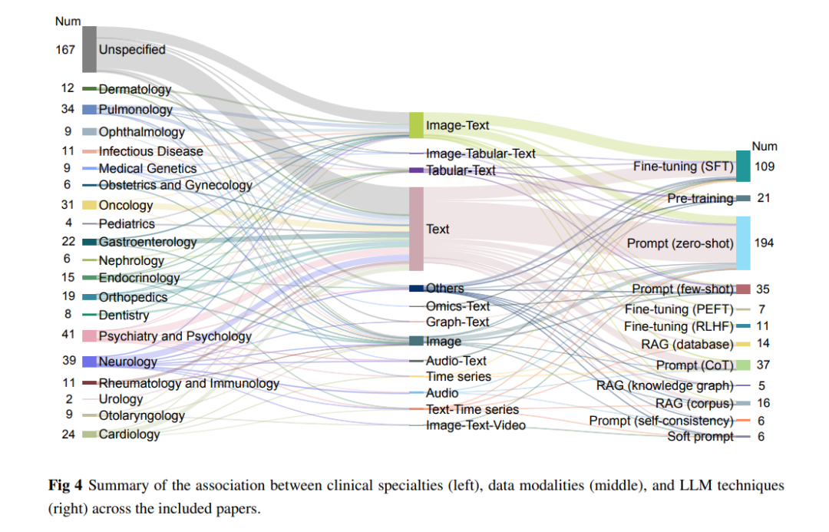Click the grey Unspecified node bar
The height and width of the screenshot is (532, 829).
(89, 49)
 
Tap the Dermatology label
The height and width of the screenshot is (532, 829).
(135, 89)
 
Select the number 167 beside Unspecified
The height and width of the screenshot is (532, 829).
(65, 50)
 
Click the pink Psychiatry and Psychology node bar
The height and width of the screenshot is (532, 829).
(89, 335)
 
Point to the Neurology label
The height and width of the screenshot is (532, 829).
(128, 362)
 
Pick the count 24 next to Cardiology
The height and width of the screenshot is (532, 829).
(68, 435)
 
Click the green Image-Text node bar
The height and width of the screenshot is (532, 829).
(416, 125)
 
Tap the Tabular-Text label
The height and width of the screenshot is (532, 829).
(461, 171)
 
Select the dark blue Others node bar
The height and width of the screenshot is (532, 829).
(416, 288)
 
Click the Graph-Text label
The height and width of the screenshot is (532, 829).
(457, 322)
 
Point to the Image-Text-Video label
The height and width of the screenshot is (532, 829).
(476, 426)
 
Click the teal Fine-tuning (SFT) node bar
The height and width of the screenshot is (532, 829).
(743, 166)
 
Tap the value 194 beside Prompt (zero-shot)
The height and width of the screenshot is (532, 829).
(764, 243)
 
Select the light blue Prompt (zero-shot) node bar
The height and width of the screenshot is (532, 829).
(743, 243)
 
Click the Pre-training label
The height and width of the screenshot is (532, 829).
(700, 199)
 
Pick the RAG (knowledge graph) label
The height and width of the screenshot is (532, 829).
(665, 386)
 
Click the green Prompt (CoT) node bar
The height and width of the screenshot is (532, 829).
(743, 365)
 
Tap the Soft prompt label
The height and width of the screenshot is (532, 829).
(700, 437)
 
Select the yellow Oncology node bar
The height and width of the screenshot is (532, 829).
(89, 205)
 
